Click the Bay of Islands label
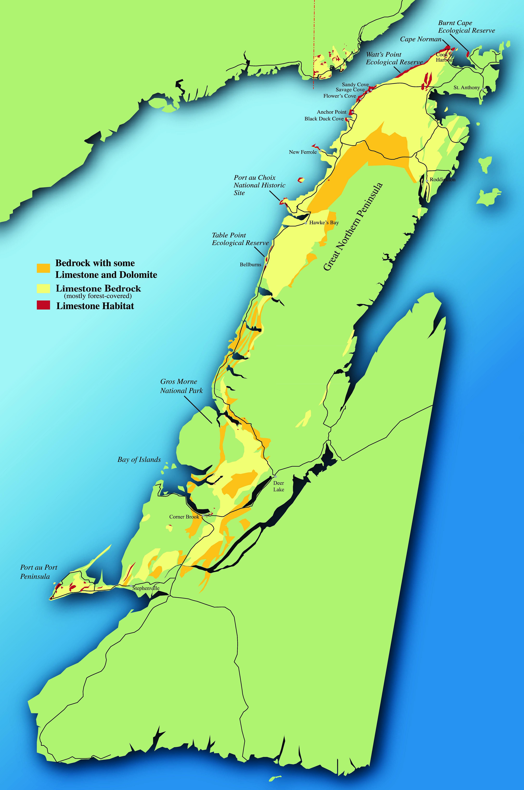(139, 460)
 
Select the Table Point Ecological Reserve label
(240, 239)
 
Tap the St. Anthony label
(467, 88)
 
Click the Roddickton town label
(442, 180)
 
